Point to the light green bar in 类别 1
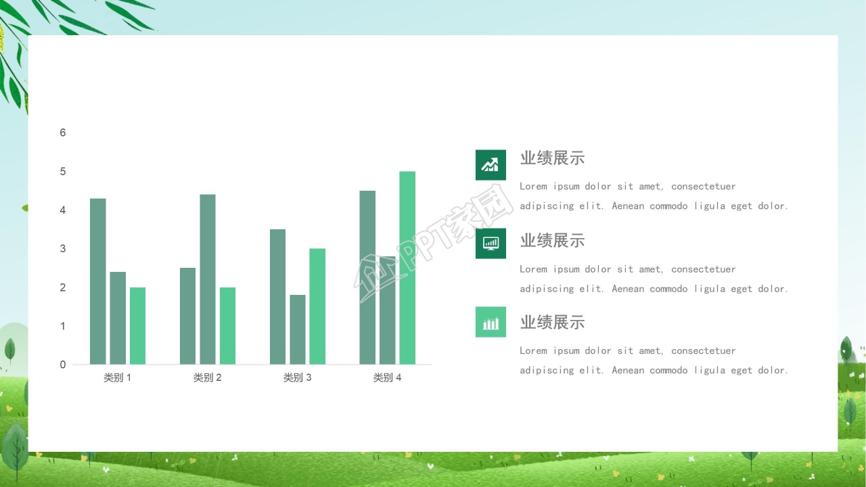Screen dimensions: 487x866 pos(137,326)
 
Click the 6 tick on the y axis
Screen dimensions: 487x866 pos(63,133)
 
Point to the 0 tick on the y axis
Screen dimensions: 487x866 pos(63,365)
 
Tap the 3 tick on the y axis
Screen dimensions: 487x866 pos(63,249)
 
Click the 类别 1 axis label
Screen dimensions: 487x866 pos(117,377)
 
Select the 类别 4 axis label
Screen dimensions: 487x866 pos(387,377)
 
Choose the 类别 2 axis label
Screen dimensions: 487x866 pos(207,377)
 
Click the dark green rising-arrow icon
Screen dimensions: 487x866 pos(491,165)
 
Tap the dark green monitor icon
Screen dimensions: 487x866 pos(491,243)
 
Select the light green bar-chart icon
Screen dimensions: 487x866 pos(491,322)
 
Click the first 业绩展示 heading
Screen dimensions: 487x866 pos(552,158)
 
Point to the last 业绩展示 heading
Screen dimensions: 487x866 pos(552,323)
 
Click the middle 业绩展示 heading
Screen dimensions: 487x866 pos(552,241)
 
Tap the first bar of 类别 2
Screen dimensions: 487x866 pos(187,316)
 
